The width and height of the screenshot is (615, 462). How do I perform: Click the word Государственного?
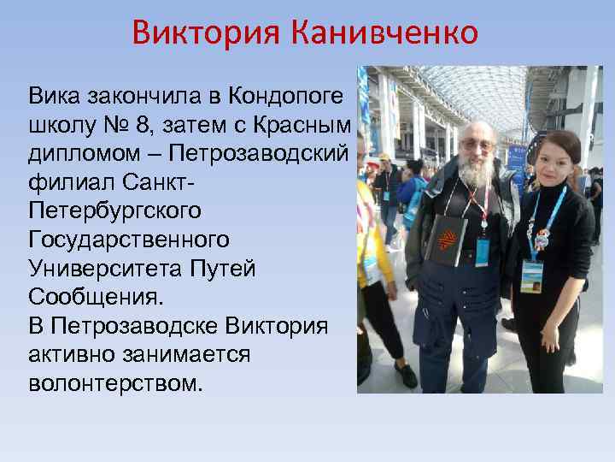click(x=128, y=239)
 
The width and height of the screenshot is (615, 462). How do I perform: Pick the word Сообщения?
click(x=91, y=297)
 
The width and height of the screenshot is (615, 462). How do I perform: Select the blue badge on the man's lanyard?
click(x=483, y=252)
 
